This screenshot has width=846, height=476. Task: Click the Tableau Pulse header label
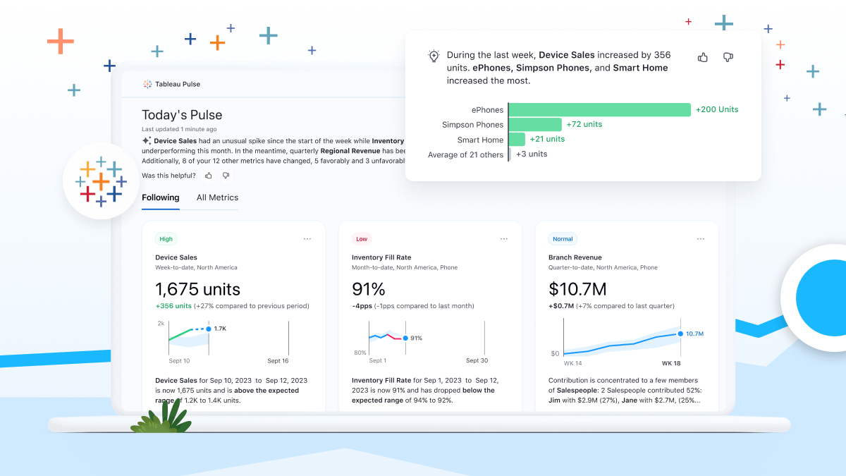tap(177, 84)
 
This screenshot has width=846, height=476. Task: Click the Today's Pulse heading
tap(182, 115)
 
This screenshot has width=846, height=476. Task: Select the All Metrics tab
tap(217, 197)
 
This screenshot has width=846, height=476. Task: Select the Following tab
tap(161, 197)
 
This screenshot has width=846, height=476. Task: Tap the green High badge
tap(166, 239)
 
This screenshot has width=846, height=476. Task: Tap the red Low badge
tap(362, 239)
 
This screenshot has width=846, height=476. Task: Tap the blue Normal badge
tap(563, 239)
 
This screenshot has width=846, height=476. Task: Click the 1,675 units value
tap(197, 289)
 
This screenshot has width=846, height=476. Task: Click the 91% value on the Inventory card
tap(369, 289)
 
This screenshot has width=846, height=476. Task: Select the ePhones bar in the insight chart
tap(599, 109)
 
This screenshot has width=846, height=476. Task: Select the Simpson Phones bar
tap(535, 124)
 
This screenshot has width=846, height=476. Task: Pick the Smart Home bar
tap(517, 139)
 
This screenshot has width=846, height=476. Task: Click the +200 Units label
tap(717, 109)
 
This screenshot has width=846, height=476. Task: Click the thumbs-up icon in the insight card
tap(703, 57)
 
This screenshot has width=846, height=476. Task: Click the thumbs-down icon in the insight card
tap(728, 57)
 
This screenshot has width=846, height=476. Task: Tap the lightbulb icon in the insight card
tap(434, 56)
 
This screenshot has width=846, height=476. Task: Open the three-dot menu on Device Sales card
tap(307, 239)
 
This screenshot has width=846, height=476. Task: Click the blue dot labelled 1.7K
tap(209, 329)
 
